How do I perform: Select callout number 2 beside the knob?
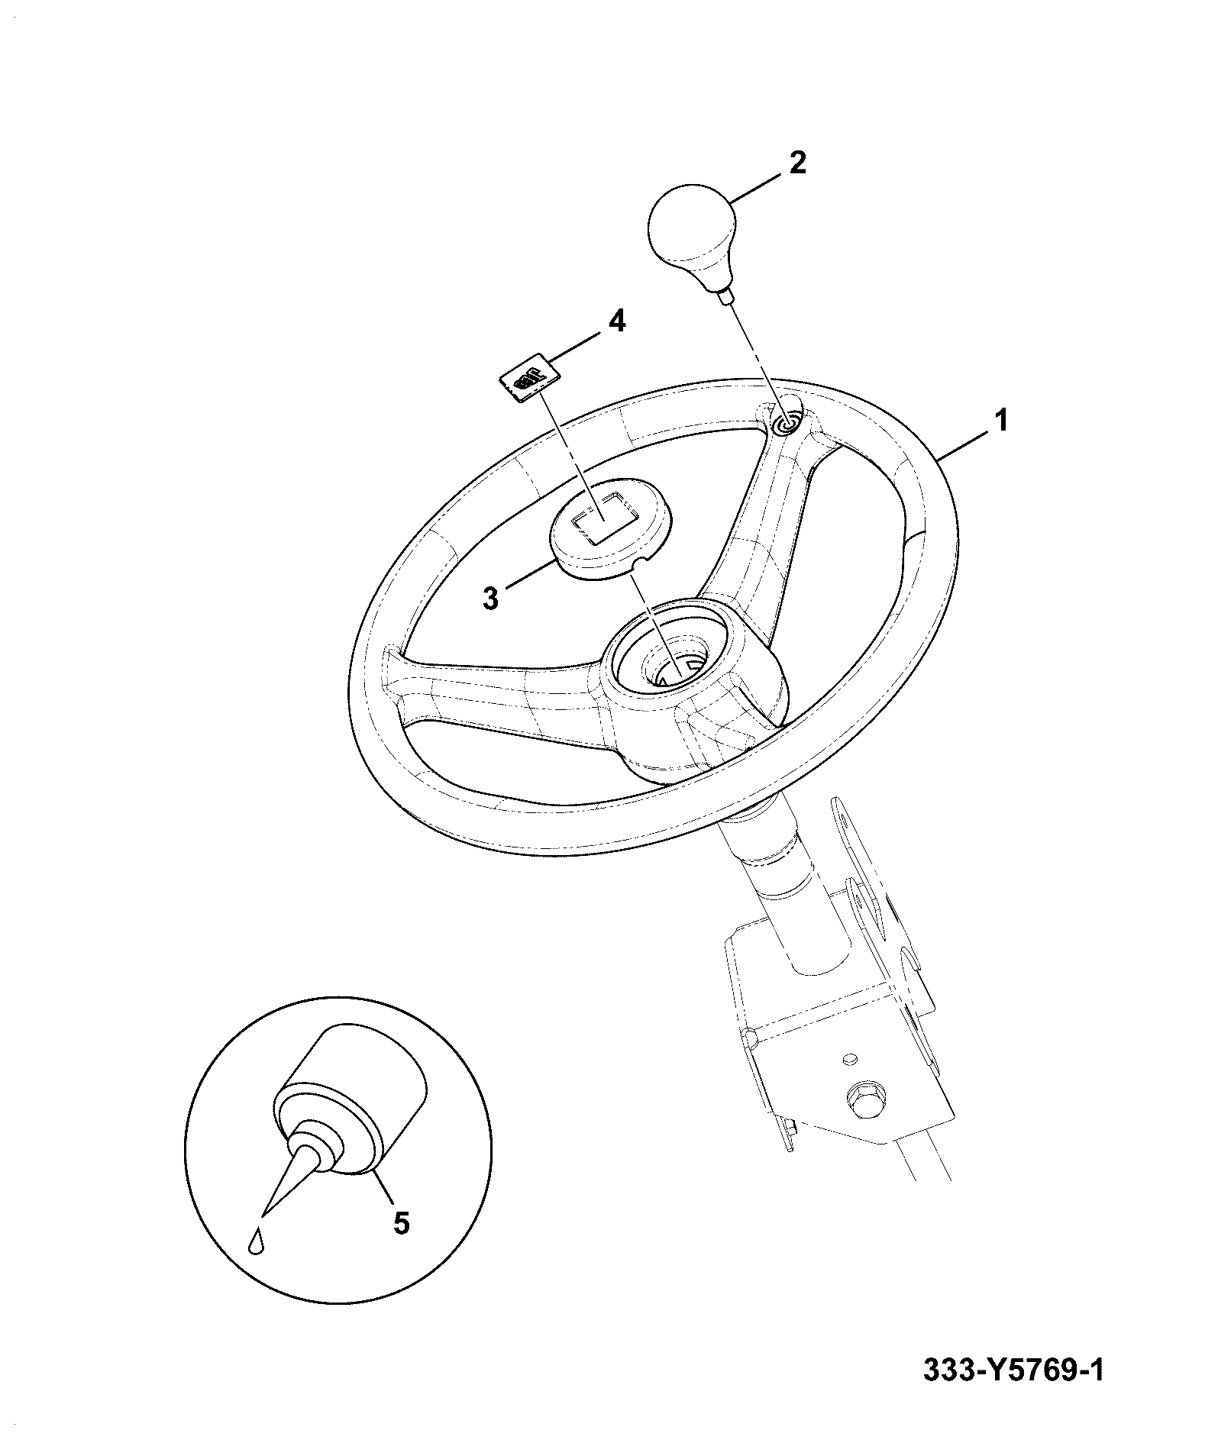(x=796, y=162)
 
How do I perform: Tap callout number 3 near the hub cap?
(x=491, y=599)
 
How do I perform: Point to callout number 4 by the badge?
(x=616, y=321)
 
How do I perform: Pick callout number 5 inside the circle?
(x=402, y=1244)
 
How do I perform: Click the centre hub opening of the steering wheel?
(x=672, y=657)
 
